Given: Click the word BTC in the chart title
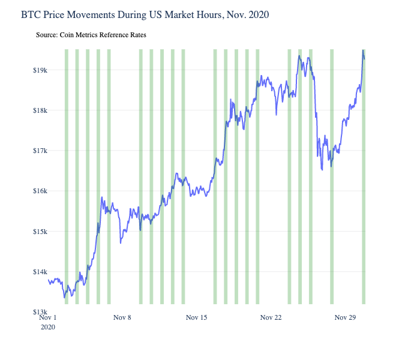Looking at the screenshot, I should (31, 14).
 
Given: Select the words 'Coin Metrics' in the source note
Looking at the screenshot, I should (80, 35).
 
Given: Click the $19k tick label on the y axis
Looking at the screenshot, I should (39, 70).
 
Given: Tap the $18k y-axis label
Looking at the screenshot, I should (39, 110).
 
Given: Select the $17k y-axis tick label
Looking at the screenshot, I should (39, 151).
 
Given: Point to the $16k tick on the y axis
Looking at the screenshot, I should (39, 191).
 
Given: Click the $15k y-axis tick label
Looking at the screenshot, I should (39, 232).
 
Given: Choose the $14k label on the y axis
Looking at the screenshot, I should (39, 272).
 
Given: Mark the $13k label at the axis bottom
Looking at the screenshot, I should (39, 312).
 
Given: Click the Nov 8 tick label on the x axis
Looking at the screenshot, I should (122, 317).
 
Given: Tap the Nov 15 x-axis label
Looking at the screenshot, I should (196, 317).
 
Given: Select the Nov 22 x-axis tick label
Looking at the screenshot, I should (271, 317).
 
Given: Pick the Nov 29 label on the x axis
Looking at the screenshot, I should (345, 317).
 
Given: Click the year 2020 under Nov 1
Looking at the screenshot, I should (48, 328).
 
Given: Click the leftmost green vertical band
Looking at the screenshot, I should (67, 180).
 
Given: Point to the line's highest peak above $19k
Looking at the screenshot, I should (363, 52).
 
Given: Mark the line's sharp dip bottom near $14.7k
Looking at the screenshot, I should (121, 243).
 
